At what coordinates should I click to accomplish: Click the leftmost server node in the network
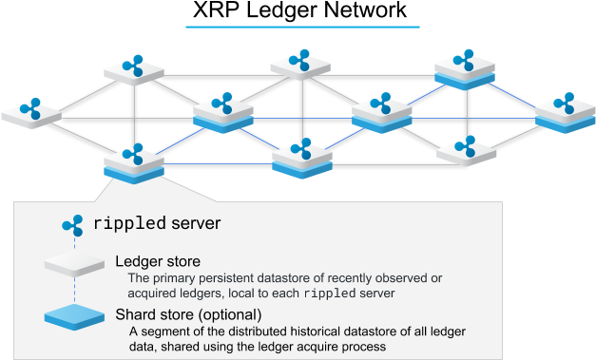coord(31,112)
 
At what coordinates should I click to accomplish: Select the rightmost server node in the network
coord(566,112)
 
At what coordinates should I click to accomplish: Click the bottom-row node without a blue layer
coord(466,150)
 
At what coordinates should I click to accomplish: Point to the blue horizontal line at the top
coord(302,27)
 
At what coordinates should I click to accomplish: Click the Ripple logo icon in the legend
coord(72,225)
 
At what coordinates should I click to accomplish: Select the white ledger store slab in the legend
coord(74,263)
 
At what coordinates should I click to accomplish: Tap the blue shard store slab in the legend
coord(74,315)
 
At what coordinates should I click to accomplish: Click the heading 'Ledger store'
coord(157,260)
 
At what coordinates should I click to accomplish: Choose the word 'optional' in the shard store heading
coord(229,314)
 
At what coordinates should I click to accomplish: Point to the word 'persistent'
coord(231,277)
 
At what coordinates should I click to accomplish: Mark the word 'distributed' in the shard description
coord(254,331)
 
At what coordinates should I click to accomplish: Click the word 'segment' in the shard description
coord(165,331)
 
